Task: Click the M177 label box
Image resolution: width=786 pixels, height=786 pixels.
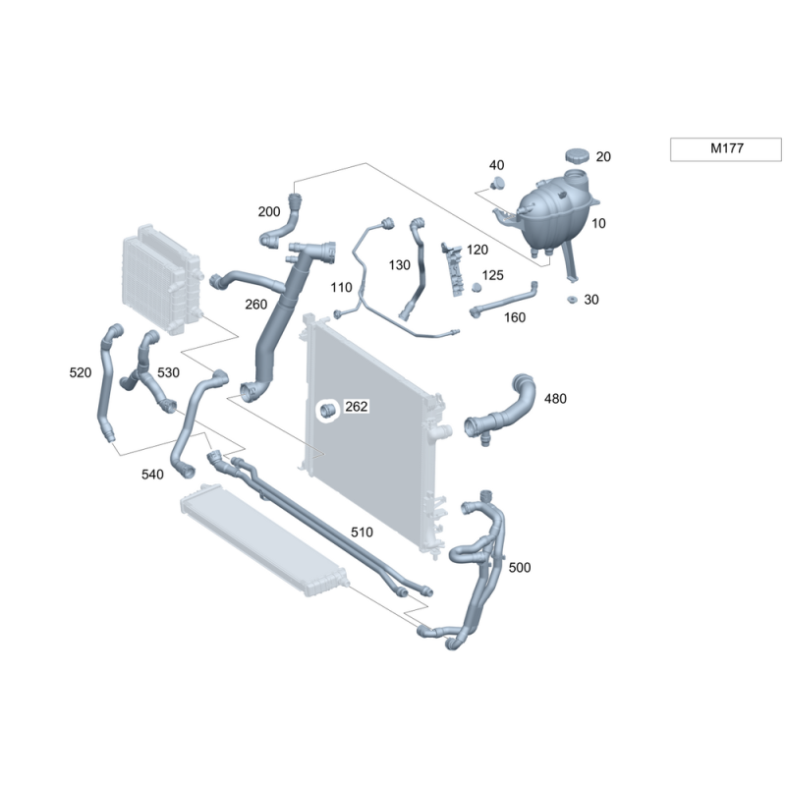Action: [725, 149]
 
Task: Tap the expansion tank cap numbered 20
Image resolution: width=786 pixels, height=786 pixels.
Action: [578, 155]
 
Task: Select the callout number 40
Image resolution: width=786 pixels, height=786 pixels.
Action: [496, 165]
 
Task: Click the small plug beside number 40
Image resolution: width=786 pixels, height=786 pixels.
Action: [497, 183]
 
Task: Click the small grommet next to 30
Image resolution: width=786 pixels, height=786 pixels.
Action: [572, 300]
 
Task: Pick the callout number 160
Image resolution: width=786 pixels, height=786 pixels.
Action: [514, 317]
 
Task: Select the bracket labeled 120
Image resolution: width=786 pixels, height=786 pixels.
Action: [452, 268]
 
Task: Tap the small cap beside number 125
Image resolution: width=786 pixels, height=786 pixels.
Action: [477, 287]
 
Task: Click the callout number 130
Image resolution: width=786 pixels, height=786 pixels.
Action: [400, 264]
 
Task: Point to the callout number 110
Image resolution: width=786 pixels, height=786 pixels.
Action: [341, 287]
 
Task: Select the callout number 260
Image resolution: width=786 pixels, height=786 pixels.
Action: [255, 305]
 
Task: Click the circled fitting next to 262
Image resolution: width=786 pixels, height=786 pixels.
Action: [328, 411]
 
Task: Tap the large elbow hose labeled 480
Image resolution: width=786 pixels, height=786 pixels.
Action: [500, 410]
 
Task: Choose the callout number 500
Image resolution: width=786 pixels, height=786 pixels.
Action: [520, 568]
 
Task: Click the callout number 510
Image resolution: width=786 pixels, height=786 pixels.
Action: [362, 532]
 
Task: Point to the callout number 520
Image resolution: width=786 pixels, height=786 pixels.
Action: [81, 372]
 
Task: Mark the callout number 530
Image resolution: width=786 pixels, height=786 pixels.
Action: [168, 372]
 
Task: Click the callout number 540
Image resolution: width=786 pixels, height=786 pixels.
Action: [152, 475]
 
